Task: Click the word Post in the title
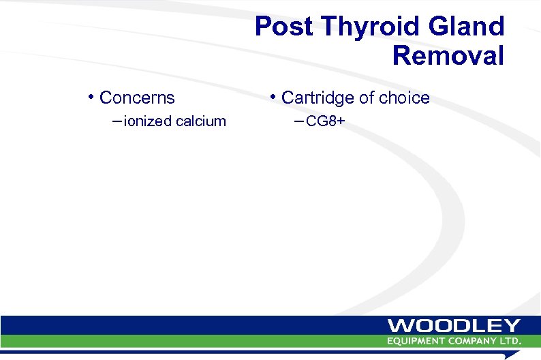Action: (281, 27)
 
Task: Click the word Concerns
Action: (137, 98)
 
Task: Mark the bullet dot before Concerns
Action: (91, 96)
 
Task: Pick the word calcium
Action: (201, 121)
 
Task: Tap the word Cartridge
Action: (318, 98)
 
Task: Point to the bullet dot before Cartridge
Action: (273, 96)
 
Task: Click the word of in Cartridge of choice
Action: (367, 98)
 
